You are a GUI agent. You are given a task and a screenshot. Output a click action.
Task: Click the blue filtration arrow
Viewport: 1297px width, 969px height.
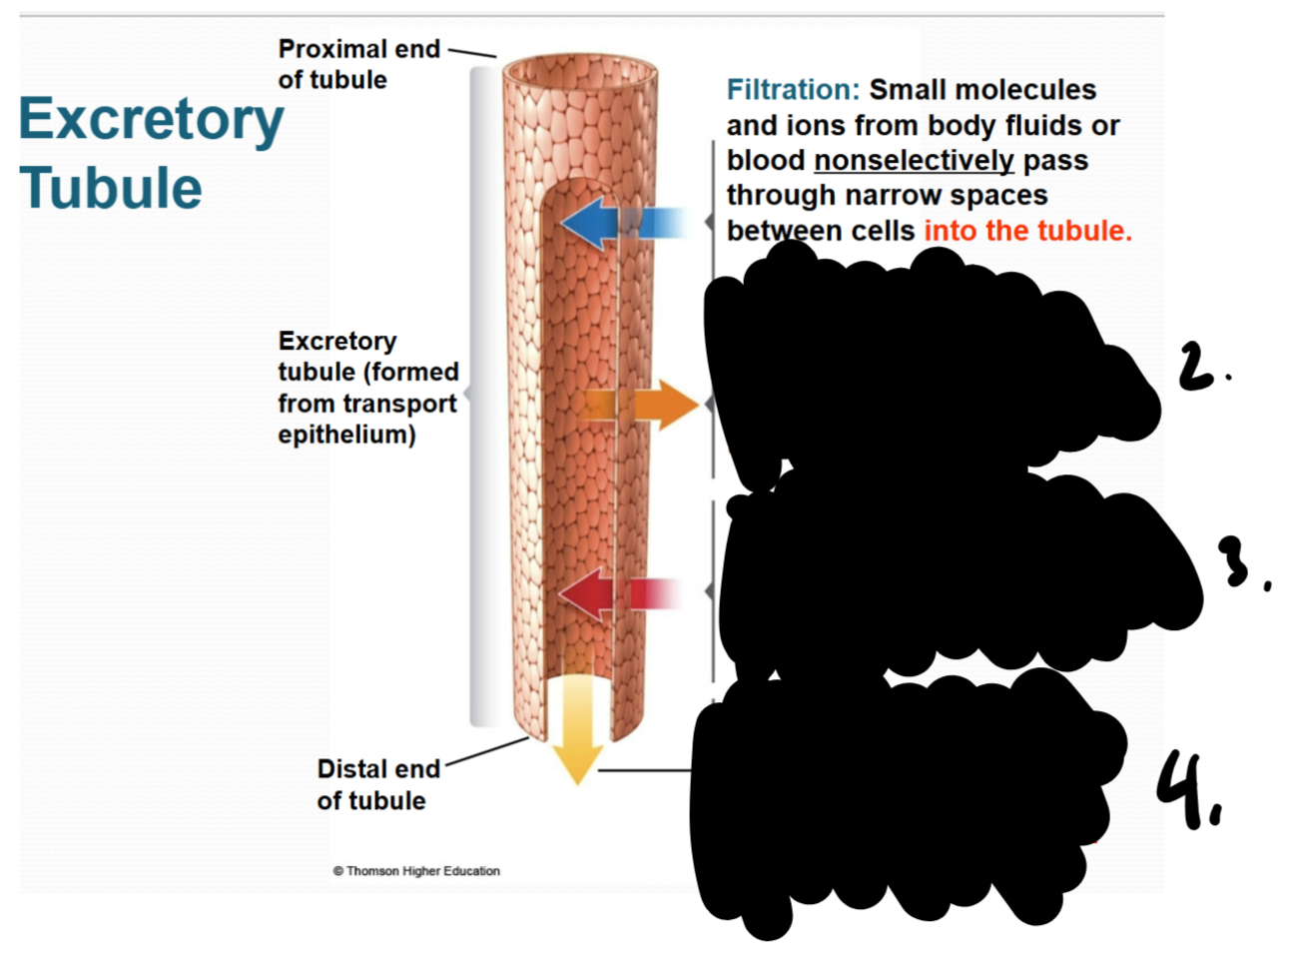coord(599,222)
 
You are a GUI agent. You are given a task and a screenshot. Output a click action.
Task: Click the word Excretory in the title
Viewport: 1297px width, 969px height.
coord(152,120)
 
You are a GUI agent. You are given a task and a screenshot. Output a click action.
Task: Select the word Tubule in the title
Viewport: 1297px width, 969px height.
coord(111,188)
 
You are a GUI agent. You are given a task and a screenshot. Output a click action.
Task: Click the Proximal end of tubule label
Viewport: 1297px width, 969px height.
coord(358,64)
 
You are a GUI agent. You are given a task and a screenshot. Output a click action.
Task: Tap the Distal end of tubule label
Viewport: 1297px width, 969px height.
coord(377,784)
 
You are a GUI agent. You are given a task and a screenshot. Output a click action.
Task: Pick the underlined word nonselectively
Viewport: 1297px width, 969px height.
coord(914,160)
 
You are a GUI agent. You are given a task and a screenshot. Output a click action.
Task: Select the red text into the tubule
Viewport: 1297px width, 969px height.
coord(1027,231)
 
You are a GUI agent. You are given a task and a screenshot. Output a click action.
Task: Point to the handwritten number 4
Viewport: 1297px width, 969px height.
coord(1183,789)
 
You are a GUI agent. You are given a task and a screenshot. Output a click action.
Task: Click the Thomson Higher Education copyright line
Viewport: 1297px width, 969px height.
coord(416,871)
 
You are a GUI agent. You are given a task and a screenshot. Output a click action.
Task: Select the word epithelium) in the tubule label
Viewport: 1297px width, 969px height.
coord(346,435)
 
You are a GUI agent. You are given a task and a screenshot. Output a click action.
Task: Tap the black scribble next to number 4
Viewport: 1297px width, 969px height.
coord(899,799)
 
